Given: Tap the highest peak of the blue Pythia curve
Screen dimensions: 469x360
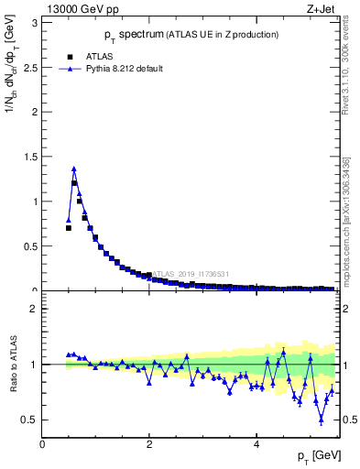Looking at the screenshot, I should click(73, 169).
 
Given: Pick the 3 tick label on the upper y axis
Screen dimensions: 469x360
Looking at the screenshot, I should click(34, 21).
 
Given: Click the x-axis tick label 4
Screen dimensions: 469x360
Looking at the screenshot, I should click(256, 444).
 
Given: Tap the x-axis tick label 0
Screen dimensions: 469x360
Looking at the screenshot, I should click(42, 444).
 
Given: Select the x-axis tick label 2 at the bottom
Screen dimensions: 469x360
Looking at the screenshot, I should click(149, 444).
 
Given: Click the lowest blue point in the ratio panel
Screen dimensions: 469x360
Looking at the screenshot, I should click(321, 420).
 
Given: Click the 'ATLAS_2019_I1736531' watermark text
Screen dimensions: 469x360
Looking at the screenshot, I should click(190, 274).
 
